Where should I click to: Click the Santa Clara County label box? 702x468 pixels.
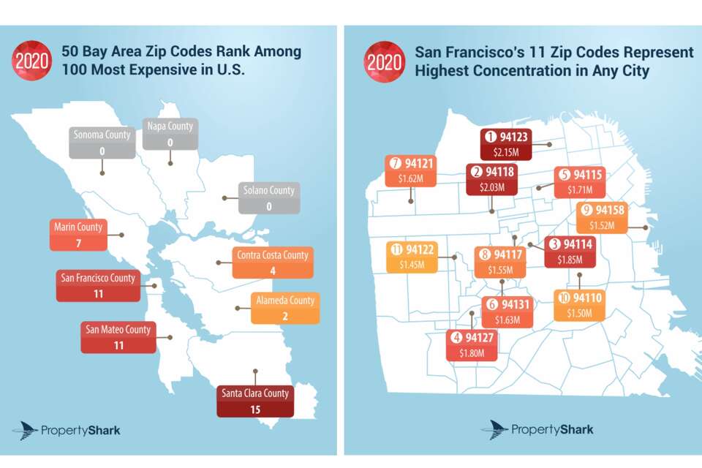pos(255,401)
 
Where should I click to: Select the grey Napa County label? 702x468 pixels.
pos(170,134)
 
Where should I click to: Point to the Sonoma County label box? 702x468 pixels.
pos(102,143)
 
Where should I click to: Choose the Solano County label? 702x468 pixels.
pos(269,198)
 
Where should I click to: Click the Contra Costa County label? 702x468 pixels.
pos(273,263)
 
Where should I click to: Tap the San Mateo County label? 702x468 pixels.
pos(118,337)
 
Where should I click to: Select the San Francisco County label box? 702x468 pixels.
pos(99,285)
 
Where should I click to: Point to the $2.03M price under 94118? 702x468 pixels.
pos(491,186)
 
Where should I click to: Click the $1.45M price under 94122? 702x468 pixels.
pos(413,264)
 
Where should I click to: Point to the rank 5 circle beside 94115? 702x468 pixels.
pos(565,174)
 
